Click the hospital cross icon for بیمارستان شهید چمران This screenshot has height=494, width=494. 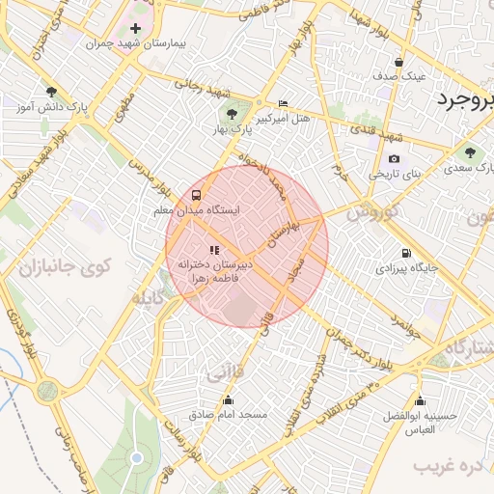coord(135,29)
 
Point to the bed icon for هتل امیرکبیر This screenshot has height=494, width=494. coord(283,103)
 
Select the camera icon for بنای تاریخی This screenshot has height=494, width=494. coord(394,159)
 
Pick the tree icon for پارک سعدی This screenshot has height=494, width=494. coord(470,152)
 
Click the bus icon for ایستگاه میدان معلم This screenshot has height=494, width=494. coord(197,193)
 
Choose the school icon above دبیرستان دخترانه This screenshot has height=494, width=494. coord(213,250)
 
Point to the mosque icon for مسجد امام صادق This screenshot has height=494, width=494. coord(228,399)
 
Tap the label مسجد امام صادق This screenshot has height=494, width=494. coord(228,415)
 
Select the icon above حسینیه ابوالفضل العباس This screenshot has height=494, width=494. coord(419,400)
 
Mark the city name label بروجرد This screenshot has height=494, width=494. coord(463,100)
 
